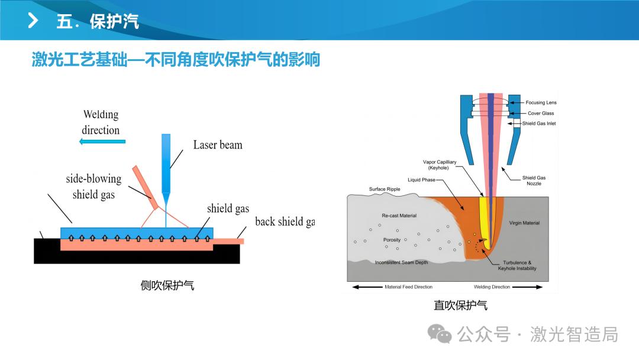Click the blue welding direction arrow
click(x=102, y=142)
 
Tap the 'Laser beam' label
click(x=218, y=144)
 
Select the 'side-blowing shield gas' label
click(x=93, y=187)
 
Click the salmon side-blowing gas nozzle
click(x=145, y=188)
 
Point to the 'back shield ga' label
click(x=285, y=222)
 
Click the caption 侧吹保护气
click(x=167, y=285)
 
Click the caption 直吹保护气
click(x=460, y=306)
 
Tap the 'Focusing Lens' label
click(x=541, y=103)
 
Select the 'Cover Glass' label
click(x=541, y=113)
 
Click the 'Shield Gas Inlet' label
click(x=539, y=124)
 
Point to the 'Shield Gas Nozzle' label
click(x=534, y=181)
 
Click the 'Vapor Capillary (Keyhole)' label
click(x=439, y=165)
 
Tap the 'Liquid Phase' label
click(x=421, y=180)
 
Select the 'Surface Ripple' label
click(x=385, y=189)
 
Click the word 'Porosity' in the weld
click(x=392, y=240)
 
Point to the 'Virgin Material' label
click(x=524, y=223)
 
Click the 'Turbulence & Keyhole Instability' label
click(x=517, y=265)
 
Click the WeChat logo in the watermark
click(x=439, y=334)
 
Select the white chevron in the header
click(x=33, y=20)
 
